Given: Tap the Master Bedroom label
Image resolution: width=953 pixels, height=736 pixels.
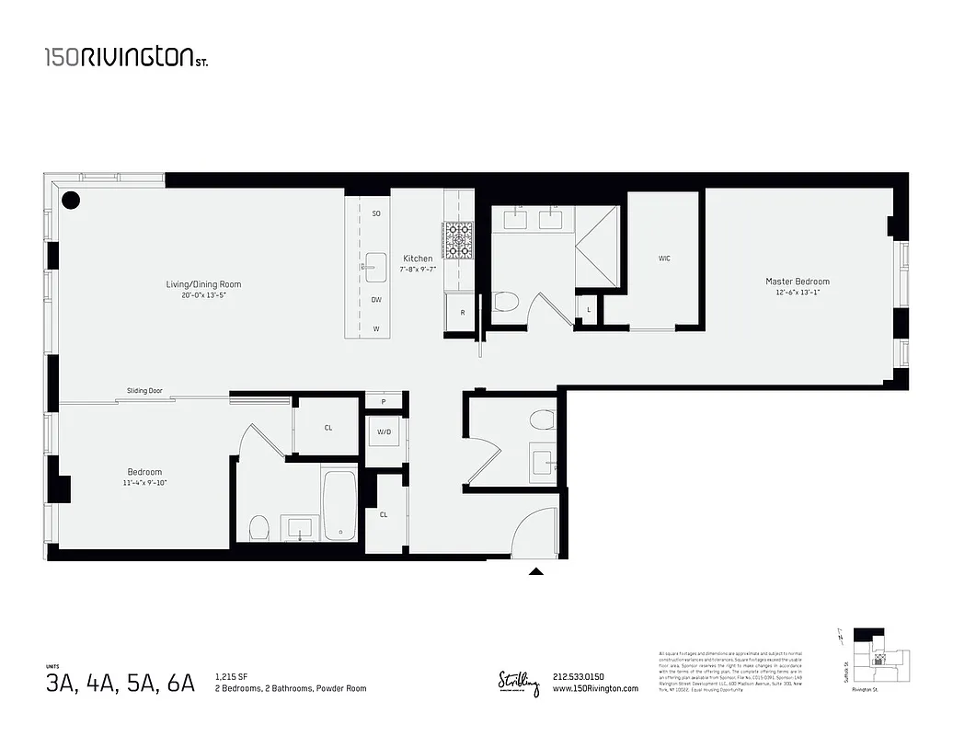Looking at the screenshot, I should [797, 282].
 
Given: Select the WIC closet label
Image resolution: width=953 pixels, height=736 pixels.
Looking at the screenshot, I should [664, 259].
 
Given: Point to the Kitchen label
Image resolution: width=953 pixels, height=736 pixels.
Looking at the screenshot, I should [417, 259].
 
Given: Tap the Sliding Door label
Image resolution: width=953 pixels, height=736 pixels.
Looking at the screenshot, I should [144, 391].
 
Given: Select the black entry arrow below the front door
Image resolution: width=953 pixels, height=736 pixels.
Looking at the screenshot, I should [536, 571].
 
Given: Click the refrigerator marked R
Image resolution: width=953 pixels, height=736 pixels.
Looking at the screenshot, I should [461, 313].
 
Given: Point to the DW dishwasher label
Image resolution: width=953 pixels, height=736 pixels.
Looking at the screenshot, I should [375, 300].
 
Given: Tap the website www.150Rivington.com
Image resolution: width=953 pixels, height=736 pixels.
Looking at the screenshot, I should [595, 689].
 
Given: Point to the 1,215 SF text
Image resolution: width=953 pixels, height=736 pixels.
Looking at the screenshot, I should [231, 676].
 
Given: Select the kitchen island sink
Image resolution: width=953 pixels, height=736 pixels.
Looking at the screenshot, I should [375, 265].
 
